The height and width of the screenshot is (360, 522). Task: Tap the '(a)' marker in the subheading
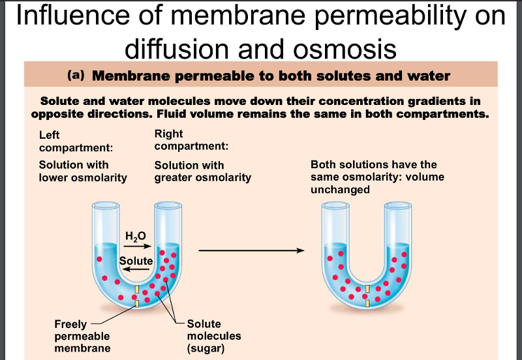(77, 76)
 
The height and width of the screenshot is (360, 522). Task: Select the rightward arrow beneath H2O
(138, 247)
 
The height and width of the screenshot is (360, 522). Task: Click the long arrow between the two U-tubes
(251, 250)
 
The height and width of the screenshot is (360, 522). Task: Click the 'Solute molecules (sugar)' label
(213, 336)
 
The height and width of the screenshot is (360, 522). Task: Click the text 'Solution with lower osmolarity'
(83, 171)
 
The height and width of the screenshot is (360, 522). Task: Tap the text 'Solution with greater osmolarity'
(202, 172)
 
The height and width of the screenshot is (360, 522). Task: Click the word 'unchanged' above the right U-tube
(340, 190)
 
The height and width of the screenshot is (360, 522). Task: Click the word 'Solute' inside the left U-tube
(136, 261)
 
